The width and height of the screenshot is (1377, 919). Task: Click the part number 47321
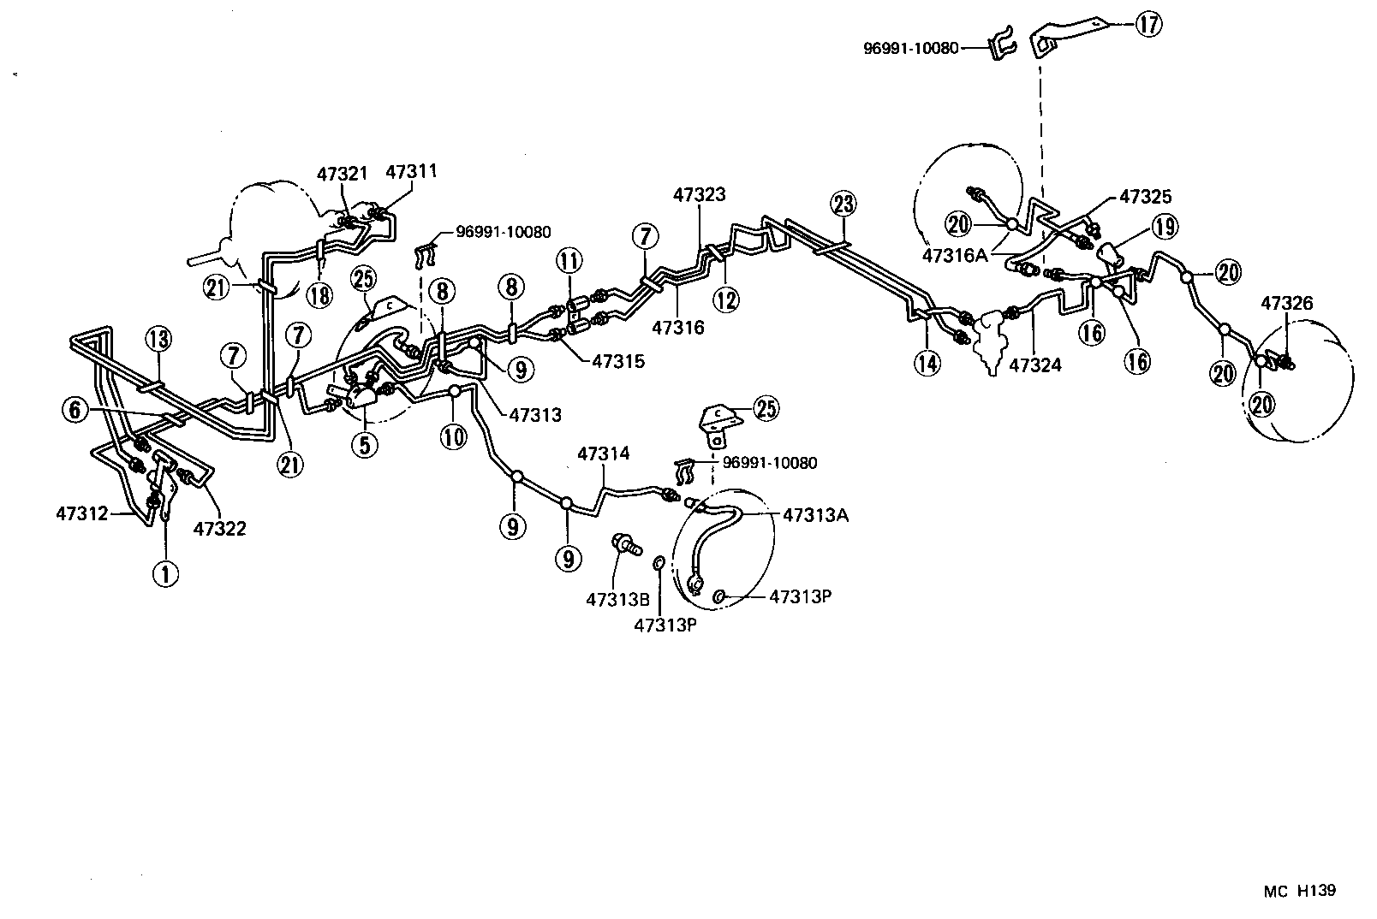[x=342, y=175]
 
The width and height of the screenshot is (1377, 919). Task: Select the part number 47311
[x=411, y=171]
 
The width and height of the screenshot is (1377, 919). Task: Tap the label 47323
[x=699, y=194]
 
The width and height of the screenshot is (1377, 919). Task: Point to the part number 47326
[x=1286, y=303]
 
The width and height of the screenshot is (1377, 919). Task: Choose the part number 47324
[x=1035, y=365]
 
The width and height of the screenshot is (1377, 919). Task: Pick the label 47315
[x=617, y=361]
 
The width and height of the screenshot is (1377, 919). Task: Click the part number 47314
[x=603, y=454]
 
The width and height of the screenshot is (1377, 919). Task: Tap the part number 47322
[x=219, y=529]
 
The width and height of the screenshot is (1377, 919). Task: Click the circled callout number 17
[x=1149, y=24]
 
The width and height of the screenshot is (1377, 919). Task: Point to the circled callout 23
[x=843, y=205]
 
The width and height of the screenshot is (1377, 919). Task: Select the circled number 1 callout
[x=165, y=574]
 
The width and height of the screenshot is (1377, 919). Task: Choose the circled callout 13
[x=158, y=339]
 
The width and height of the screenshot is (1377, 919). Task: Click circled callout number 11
[x=569, y=258]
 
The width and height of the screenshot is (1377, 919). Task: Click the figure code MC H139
[x=1299, y=891]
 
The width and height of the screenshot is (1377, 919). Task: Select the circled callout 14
[x=927, y=364]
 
